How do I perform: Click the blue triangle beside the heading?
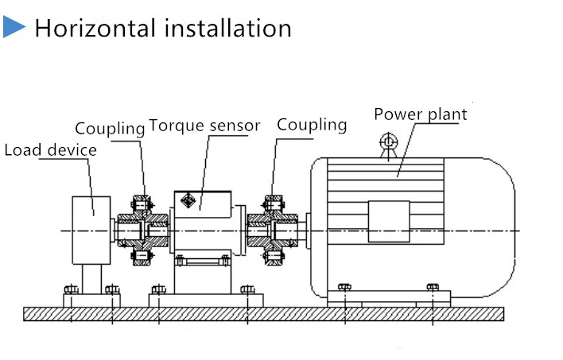click(x=14, y=28)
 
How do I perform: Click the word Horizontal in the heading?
click(x=94, y=29)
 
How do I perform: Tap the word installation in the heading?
click(x=227, y=29)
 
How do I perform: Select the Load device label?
click(x=50, y=150)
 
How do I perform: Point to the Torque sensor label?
click(x=204, y=126)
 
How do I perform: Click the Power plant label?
click(x=421, y=114)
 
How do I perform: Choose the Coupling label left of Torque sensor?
click(x=110, y=128)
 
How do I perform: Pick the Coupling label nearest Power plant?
click(x=312, y=125)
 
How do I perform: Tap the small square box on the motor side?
click(x=389, y=220)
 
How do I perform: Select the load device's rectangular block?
click(x=91, y=230)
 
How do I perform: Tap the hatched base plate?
click(x=262, y=313)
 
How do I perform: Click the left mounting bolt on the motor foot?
click(x=344, y=287)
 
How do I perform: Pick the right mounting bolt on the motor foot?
click(x=433, y=287)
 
